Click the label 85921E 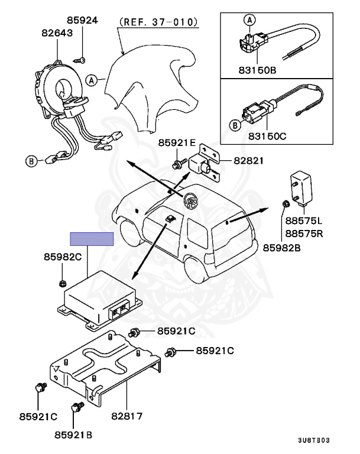coord(176,143)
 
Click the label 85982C coord(62,257)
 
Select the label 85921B coord(73,434)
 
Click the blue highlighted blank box coord(91,239)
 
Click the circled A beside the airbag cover coord(92,79)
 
